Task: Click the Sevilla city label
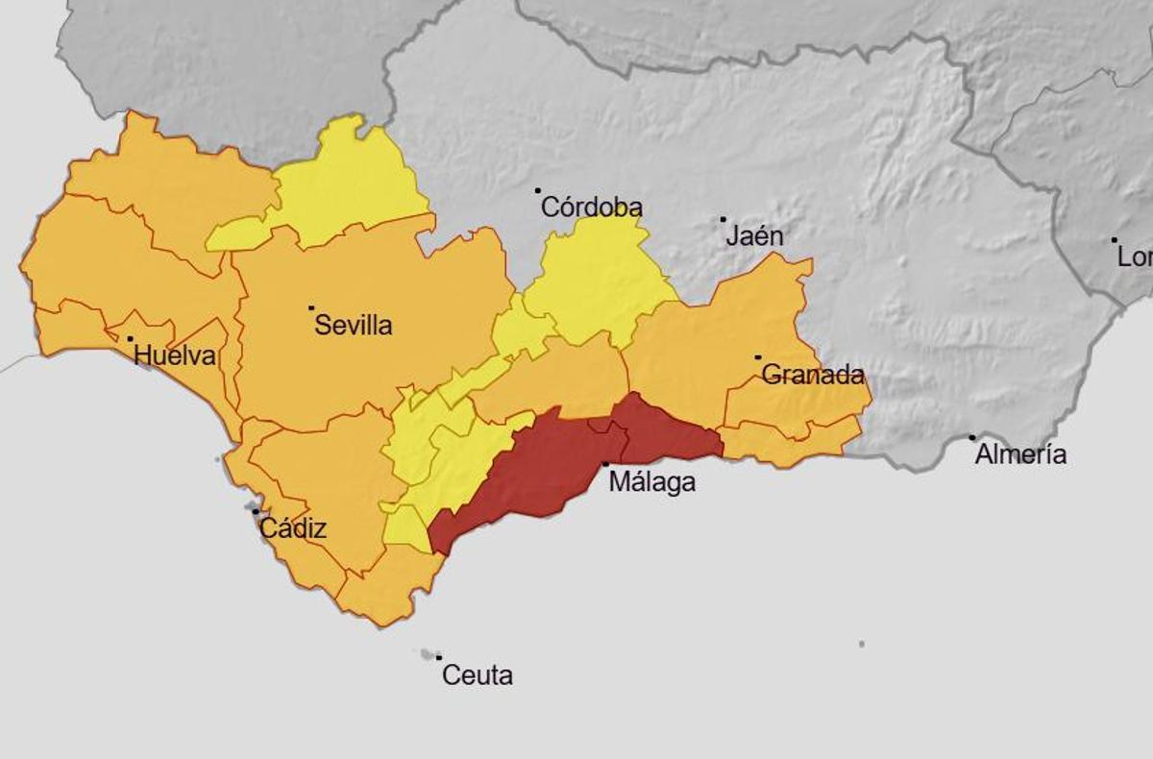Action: click(x=354, y=326)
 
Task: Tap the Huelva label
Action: click(x=175, y=356)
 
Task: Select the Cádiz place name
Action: click(x=293, y=528)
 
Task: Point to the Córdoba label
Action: click(x=591, y=208)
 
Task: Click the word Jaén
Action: click(x=754, y=236)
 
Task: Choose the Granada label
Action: click(x=813, y=376)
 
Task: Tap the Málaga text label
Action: click(x=652, y=482)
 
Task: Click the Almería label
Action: click(x=1020, y=454)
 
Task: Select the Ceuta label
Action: click(x=477, y=675)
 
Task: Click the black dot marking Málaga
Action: click(x=605, y=464)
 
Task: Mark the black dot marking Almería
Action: click(x=972, y=438)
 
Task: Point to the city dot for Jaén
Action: click(x=724, y=219)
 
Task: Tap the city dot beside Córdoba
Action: click(x=538, y=191)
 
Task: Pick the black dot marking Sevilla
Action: click(x=311, y=308)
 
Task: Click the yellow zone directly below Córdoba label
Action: click(x=596, y=279)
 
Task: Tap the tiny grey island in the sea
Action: click(x=862, y=644)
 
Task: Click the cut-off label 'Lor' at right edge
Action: click(x=1135, y=257)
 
